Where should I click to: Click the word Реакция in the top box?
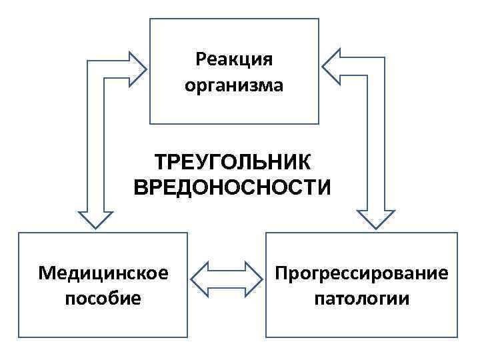click(x=234, y=60)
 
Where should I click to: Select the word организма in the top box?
click(x=234, y=86)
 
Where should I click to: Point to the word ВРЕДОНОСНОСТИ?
click(x=232, y=188)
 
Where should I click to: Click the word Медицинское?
click(x=103, y=273)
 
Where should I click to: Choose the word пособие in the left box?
click(x=103, y=298)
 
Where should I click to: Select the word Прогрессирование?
click(x=362, y=273)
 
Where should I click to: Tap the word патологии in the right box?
click(x=362, y=298)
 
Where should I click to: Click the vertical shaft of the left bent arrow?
click(x=96, y=140)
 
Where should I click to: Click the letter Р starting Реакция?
click(x=201, y=60)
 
